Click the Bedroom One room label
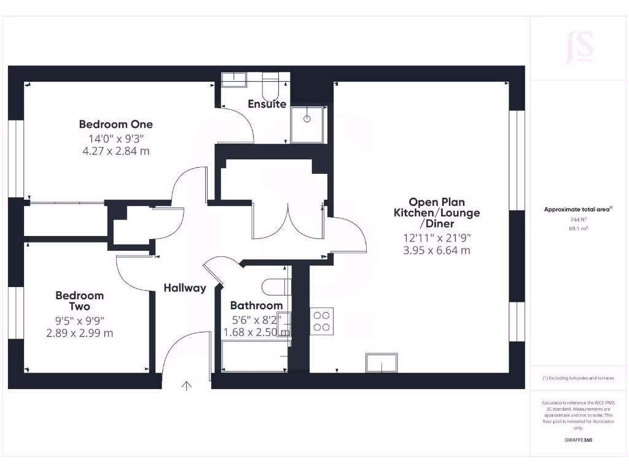[x=116, y=124]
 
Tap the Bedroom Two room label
[x=80, y=301]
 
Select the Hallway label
[x=185, y=288]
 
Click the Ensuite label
[x=267, y=104]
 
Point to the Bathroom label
[x=256, y=305]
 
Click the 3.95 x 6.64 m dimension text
[x=436, y=250]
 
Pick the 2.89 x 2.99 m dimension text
[x=80, y=333]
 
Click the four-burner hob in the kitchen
[x=322, y=321]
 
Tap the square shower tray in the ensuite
[x=308, y=125]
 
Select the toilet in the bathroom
[x=276, y=286]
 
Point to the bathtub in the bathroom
[x=254, y=356]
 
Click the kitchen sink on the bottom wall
[x=381, y=363]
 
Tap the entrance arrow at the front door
[x=186, y=386]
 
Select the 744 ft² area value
[x=578, y=219]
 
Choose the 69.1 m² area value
[x=578, y=228]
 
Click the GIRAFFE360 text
[x=578, y=440]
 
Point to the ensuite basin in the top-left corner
[x=234, y=77]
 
